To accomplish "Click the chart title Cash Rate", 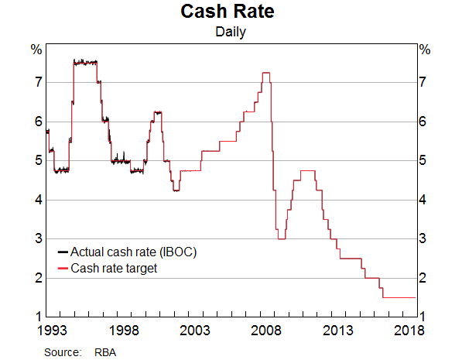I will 231,12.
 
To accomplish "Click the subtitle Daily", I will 231,33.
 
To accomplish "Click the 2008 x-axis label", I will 266,331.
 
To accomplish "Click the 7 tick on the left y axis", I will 37,82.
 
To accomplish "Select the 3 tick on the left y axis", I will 37,239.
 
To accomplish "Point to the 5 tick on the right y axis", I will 425,161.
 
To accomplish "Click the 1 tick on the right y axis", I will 425,317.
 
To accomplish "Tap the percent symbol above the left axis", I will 36,50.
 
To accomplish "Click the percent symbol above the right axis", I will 425,50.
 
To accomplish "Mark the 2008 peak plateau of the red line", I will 265,73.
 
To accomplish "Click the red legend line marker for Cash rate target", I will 63,269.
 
